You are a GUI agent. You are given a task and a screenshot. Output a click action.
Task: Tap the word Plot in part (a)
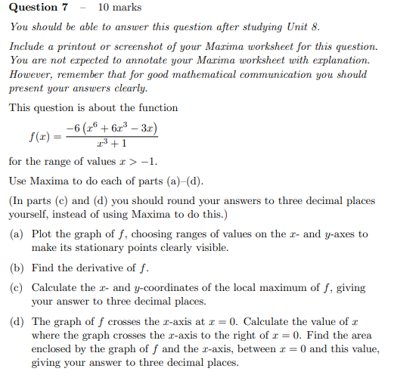click(x=43, y=234)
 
